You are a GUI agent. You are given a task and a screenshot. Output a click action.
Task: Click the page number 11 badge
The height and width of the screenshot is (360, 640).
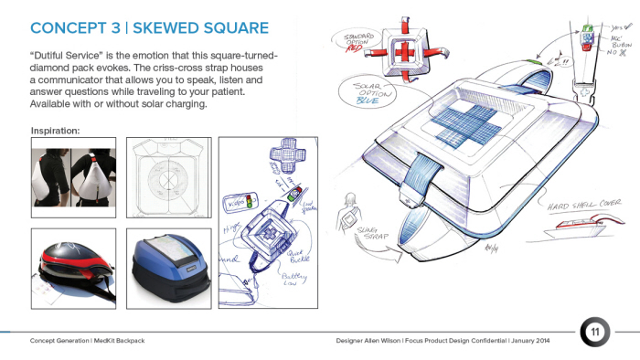point(594,331)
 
